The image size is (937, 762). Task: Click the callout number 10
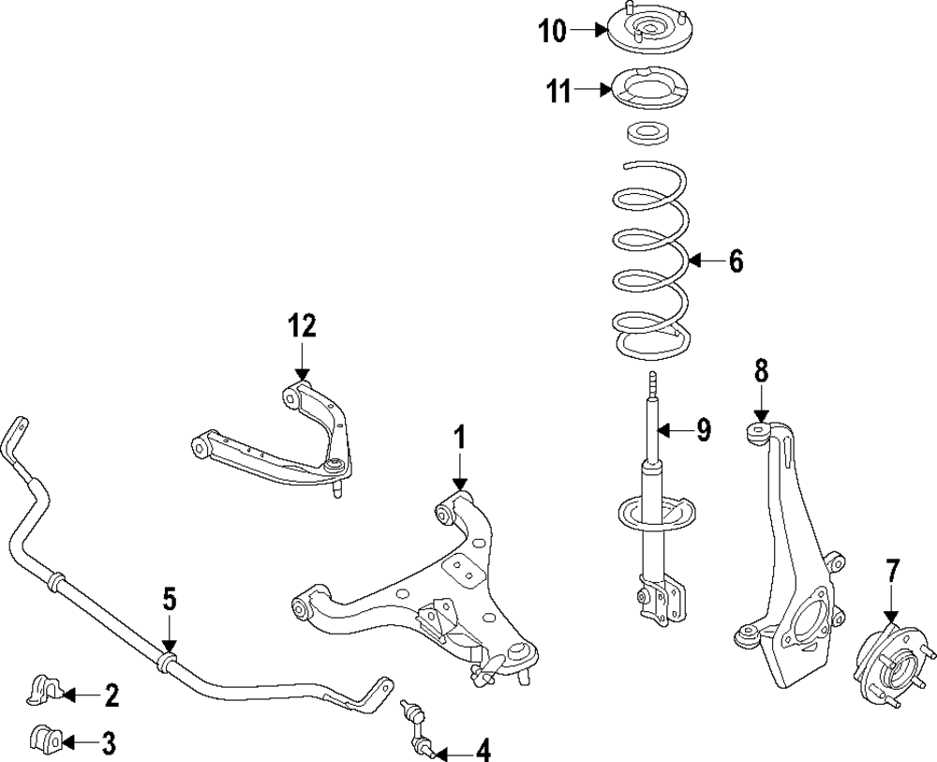pos(552,32)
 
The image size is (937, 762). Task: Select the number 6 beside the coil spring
pos(736,262)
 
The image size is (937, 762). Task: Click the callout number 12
pos(302,326)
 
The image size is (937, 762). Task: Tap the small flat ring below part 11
pos(645,134)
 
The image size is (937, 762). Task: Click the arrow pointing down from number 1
pos(459,473)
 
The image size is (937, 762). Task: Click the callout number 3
pos(108,745)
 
